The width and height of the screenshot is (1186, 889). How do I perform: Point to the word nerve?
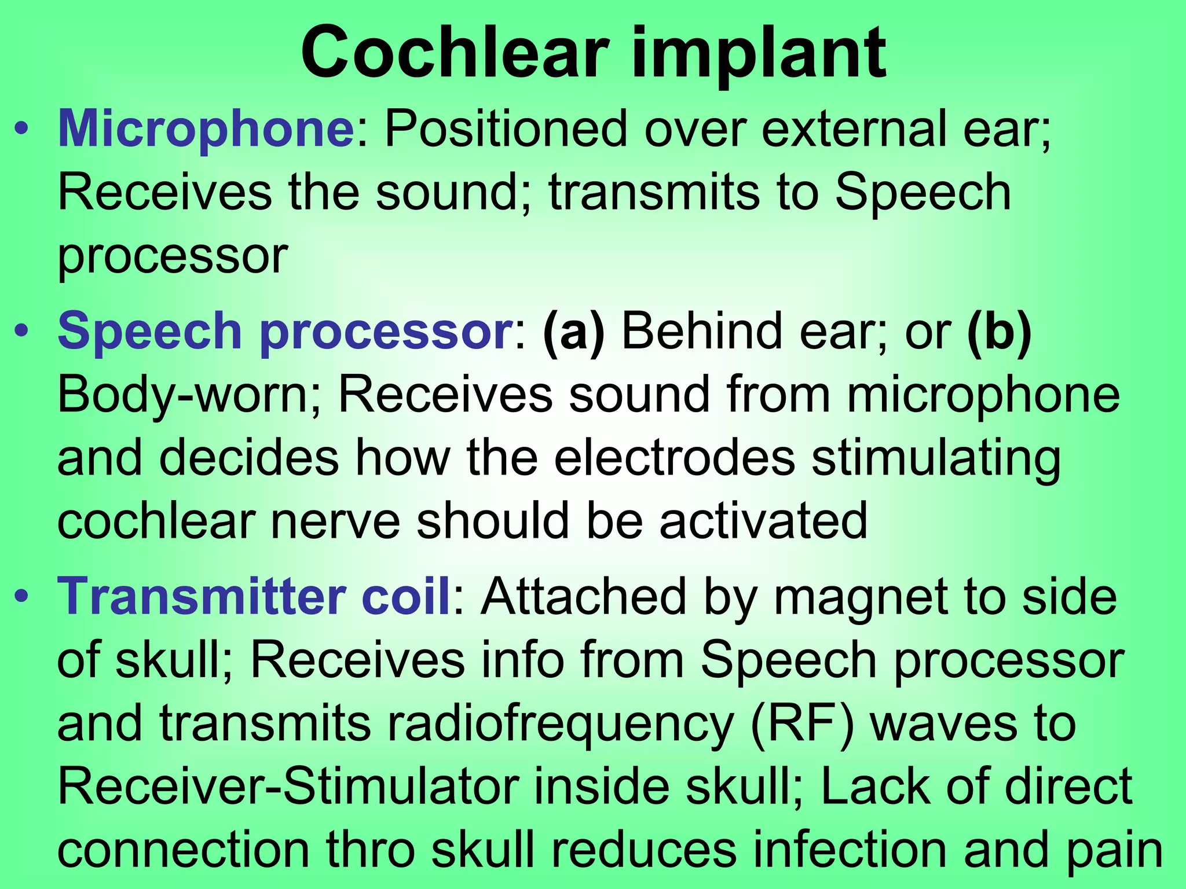335,521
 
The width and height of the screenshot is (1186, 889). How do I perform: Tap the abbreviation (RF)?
802,723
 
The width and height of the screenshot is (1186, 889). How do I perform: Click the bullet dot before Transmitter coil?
21,597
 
